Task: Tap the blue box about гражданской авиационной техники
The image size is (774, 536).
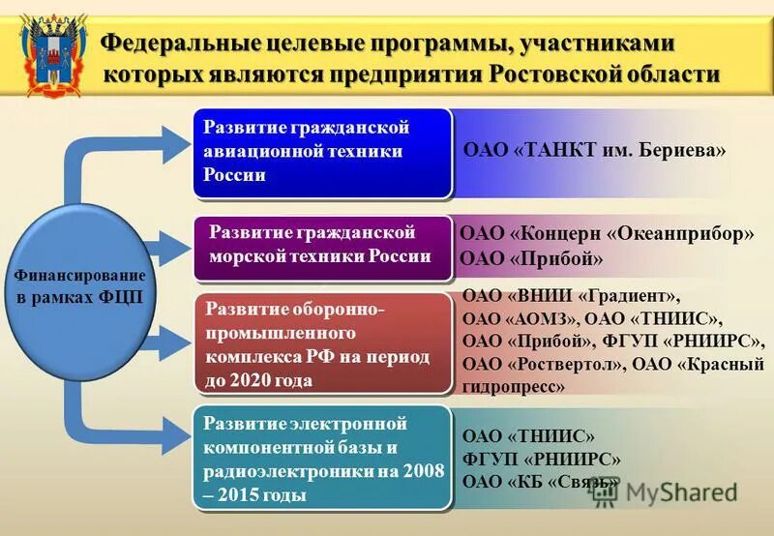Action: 324,153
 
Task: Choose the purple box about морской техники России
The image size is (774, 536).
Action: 324,246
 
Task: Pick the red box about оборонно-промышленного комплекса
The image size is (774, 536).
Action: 324,344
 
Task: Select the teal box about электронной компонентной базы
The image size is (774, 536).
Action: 324,459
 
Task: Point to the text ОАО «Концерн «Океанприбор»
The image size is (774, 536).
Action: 607,234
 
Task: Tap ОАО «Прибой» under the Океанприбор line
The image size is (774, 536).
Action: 531,259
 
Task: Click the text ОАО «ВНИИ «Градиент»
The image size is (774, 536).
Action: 572,296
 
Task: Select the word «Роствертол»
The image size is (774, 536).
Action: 566,365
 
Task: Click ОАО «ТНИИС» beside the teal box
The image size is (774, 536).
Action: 528,436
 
